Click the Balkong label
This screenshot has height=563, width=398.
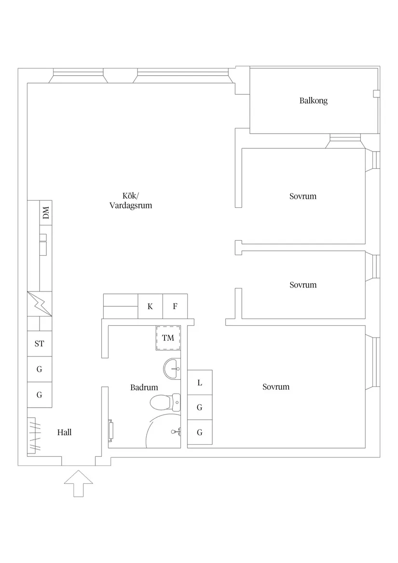pos(313,101)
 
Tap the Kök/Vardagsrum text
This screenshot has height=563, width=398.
pos(130,200)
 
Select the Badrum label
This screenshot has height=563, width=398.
pos(144,387)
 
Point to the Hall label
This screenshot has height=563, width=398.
pos(64,432)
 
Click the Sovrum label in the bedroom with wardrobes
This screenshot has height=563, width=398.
pos(276,387)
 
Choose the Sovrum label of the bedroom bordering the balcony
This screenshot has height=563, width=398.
pos(303,196)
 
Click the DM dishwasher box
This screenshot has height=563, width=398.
pos(46,212)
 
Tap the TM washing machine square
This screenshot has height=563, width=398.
pos(168,338)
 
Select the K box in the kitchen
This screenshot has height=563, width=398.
pos(150,306)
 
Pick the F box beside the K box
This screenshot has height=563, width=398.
pos(175,306)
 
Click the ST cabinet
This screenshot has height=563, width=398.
pos(39,344)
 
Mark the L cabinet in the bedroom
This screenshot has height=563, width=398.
pos(200,383)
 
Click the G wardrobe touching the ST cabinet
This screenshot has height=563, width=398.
pos(39,370)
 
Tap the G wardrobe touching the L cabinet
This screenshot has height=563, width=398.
pos(200,408)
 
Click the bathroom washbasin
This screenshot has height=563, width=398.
pos(172,369)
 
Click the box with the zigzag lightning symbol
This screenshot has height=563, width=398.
pos(39,304)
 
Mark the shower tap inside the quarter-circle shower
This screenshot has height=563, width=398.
pos(177,431)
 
